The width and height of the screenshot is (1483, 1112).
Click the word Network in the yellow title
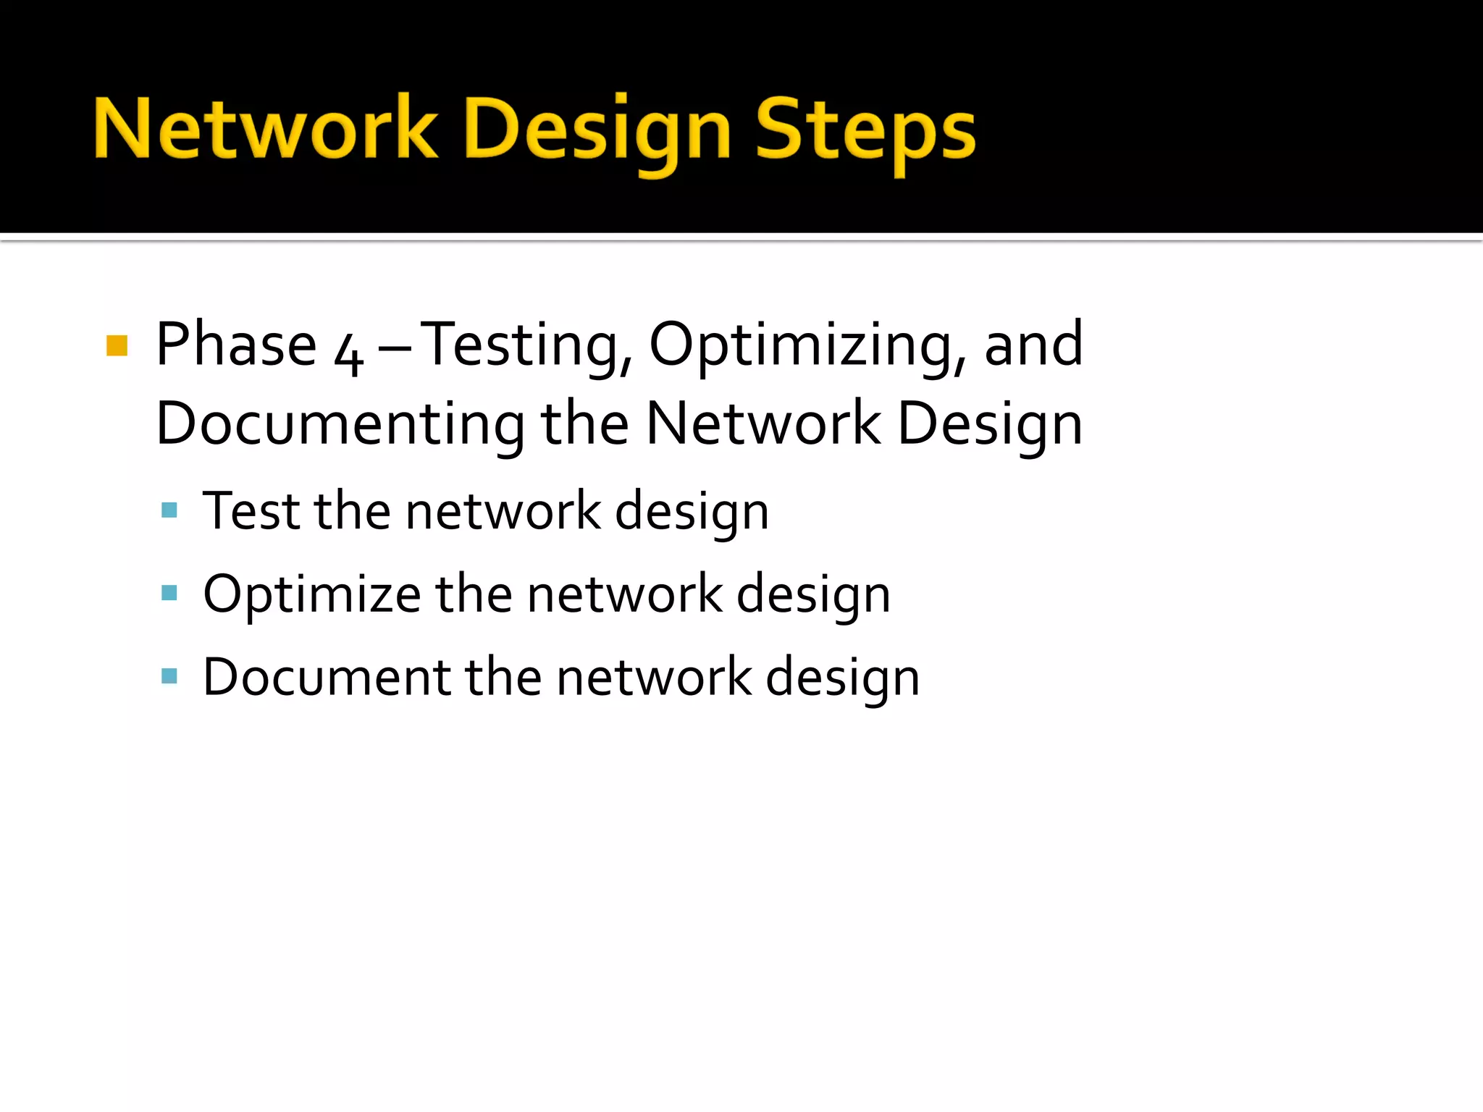point(265,129)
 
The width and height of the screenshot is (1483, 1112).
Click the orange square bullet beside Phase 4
point(117,345)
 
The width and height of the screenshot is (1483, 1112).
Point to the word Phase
point(236,345)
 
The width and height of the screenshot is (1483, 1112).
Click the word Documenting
point(340,424)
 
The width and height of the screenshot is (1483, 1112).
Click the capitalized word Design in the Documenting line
point(990,425)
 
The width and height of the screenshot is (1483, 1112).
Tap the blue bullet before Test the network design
point(169,510)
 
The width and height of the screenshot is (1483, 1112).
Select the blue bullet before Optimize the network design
point(169,594)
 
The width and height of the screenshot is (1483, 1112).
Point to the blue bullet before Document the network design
point(169,677)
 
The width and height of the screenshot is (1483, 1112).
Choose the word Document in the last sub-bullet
point(326,677)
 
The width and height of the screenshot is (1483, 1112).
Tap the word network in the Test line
point(503,511)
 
